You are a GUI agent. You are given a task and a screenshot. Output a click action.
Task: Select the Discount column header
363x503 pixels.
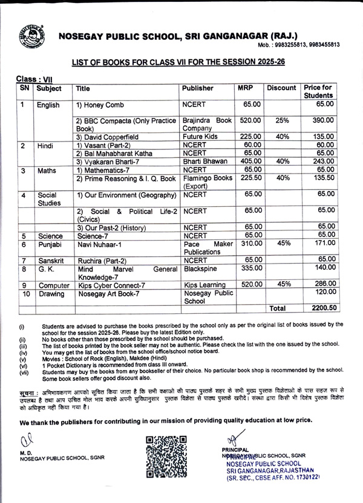[x=281, y=88]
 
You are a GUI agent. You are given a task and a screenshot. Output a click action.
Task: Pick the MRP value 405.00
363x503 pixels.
[x=248, y=161]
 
